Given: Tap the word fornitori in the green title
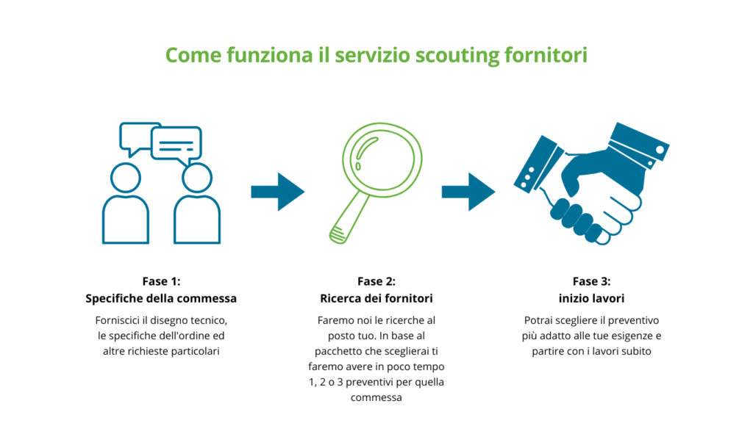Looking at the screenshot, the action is (x=546, y=54).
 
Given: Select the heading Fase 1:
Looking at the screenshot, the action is (x=161, y=281).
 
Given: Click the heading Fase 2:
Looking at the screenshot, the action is (x=376, y=281).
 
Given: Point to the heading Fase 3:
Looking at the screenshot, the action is (x=592, y=281).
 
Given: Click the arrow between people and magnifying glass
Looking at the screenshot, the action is (x=277, y=192).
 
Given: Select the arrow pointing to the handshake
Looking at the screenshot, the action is (x=468, y=192).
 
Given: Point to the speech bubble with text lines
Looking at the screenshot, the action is (x=176, y=145).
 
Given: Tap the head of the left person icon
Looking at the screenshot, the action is (x=126, y=178).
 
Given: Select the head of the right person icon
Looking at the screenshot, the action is (x=197, y=178).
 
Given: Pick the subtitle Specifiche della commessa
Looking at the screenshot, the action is (x=161, y=298).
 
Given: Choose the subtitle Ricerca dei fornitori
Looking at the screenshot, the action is (x=376, y=298).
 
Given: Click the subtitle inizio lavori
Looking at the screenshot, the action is (x=592, y=298).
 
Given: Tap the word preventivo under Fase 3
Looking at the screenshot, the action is (x=632, y=320).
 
